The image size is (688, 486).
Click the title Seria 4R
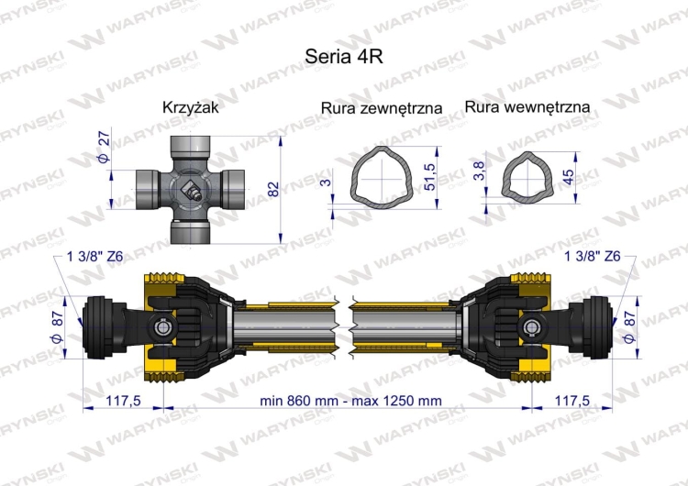click(343, 55)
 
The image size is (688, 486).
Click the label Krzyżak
click(190, 107)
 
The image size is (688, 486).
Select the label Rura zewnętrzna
click(382, 108)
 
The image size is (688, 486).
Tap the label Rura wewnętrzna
click(527, 107)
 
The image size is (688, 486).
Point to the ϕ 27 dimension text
click(104, 149)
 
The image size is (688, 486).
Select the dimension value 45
click(569, 175)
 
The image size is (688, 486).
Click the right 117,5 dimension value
click(572, 401)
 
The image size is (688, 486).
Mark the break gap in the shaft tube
click(344, 328)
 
